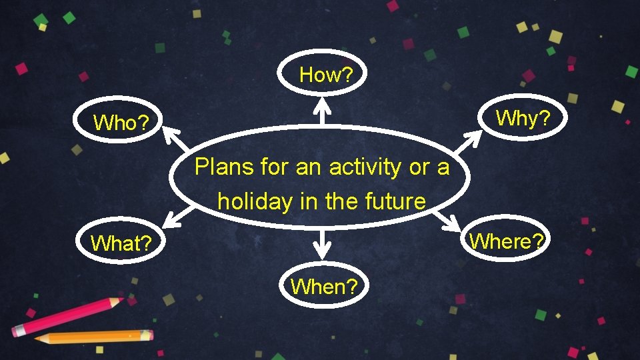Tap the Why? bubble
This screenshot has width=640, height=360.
coord(523,119)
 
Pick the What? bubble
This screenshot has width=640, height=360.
coord(119,243)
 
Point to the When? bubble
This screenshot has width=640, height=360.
coord(324,287)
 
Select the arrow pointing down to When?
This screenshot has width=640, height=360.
coord(322,245)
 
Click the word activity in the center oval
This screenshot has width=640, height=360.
coord(364,167)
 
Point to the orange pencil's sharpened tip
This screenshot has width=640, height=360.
coord(39,339)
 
